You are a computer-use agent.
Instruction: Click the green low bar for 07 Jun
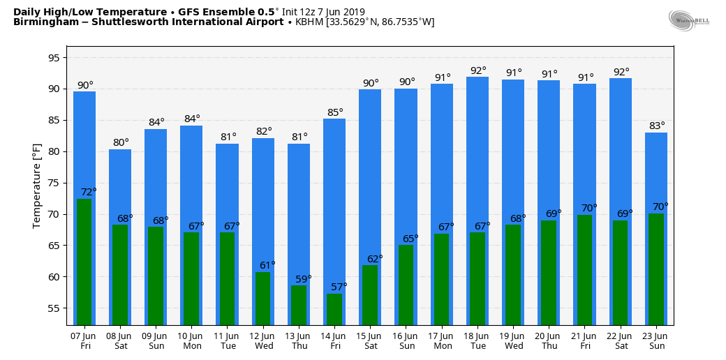tap(84, 262)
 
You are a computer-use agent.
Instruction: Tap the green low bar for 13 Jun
tap(299, 305)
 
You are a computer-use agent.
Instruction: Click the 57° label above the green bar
tap(339, 286)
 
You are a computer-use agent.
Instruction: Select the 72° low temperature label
tap(89, 192)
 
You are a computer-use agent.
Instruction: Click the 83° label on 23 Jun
tap(657, 126)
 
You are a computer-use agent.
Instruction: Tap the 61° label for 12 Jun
tap(267, 265)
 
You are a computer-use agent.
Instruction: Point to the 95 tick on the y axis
tap(53, 58)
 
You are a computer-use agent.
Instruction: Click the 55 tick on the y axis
tap(53, 308)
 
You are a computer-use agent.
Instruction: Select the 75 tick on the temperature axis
tap(53, 183)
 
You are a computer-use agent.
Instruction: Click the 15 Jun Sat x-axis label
tap(370, 340)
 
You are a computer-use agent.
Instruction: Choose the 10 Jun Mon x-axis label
tap(191, 340)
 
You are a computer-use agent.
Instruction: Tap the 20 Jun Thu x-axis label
tap(549, 340)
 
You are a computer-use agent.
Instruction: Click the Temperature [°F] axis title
tap(37, 186)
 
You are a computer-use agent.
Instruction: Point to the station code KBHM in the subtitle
tap(309, 22)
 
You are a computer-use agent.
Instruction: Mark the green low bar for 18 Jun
tap(477, 278)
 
